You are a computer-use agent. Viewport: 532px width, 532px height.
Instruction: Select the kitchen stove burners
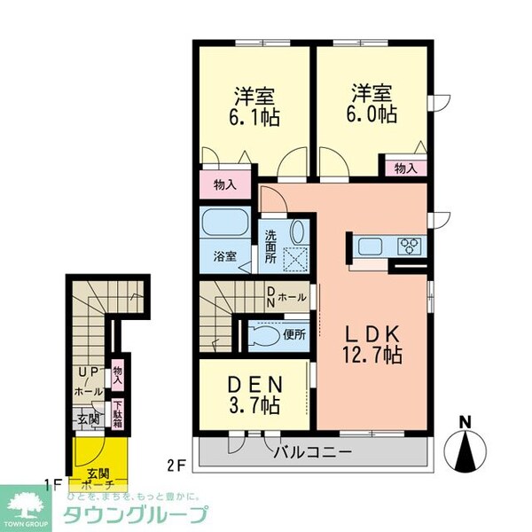coord(411,246)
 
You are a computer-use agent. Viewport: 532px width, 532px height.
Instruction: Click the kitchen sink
coord(369,246)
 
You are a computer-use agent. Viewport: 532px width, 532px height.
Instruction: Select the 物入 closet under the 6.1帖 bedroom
coord(225,185)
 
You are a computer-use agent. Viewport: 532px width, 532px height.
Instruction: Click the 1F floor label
coord(51,485)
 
